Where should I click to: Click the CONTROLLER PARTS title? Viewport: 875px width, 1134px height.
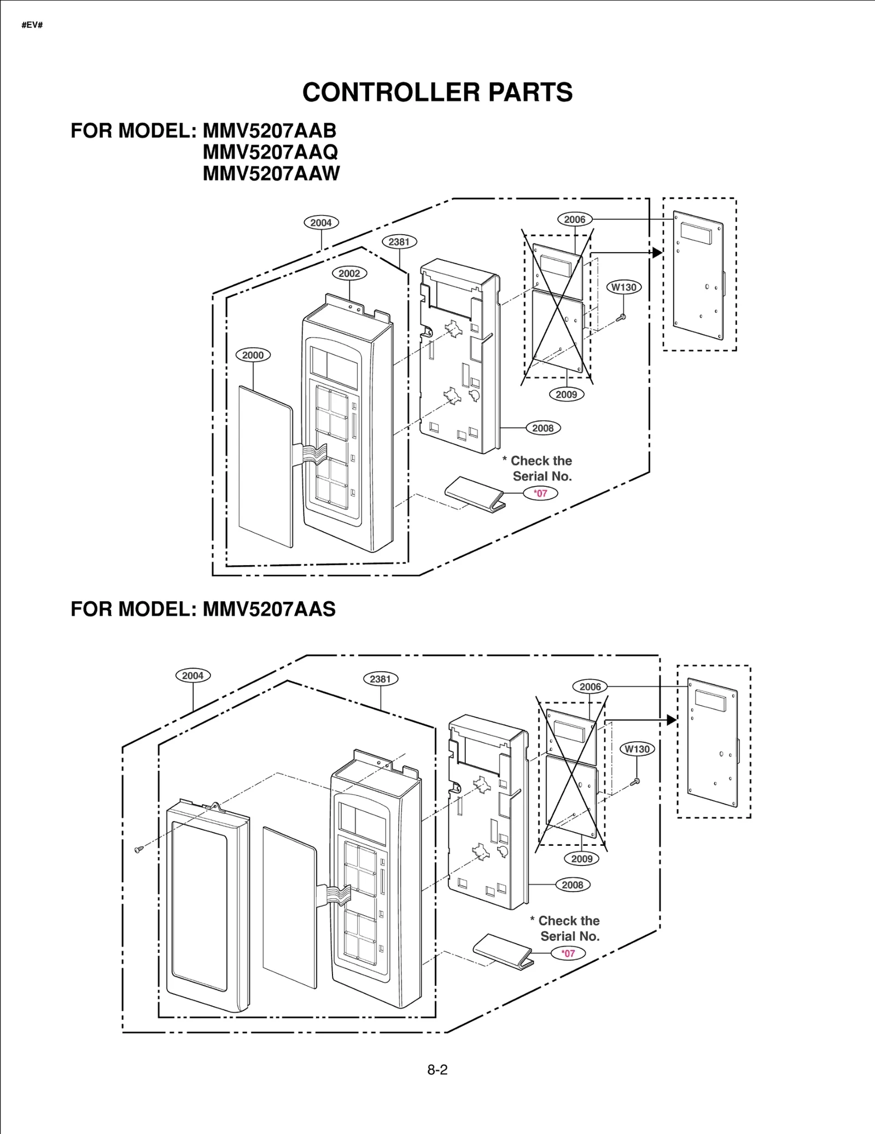point(437,92)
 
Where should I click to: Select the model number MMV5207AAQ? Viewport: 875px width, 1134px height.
point(270,152)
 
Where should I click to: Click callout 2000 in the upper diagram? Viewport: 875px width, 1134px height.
point(253,355)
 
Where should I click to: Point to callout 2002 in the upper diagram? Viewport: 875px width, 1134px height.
point(349,274)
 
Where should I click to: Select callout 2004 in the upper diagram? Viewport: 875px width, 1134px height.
point(321,223)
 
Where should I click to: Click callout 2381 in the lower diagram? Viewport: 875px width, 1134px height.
point(380,679)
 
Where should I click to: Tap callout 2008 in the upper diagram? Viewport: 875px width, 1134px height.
point(542,428)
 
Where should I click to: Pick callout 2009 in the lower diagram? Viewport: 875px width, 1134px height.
point(581,859)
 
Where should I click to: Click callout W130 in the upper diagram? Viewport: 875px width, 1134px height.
point(623,287)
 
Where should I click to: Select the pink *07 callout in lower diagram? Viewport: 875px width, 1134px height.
point(569,953)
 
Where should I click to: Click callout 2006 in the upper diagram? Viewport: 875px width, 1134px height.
point(574,219)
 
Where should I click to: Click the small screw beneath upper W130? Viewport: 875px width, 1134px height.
point(621,317)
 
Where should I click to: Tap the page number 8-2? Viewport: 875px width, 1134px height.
point(437,1069)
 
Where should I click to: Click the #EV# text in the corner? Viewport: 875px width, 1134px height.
point(32,26)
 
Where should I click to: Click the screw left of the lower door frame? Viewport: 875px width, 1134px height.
point(139,849)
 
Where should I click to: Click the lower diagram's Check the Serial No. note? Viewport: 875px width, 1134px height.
point(567,928)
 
